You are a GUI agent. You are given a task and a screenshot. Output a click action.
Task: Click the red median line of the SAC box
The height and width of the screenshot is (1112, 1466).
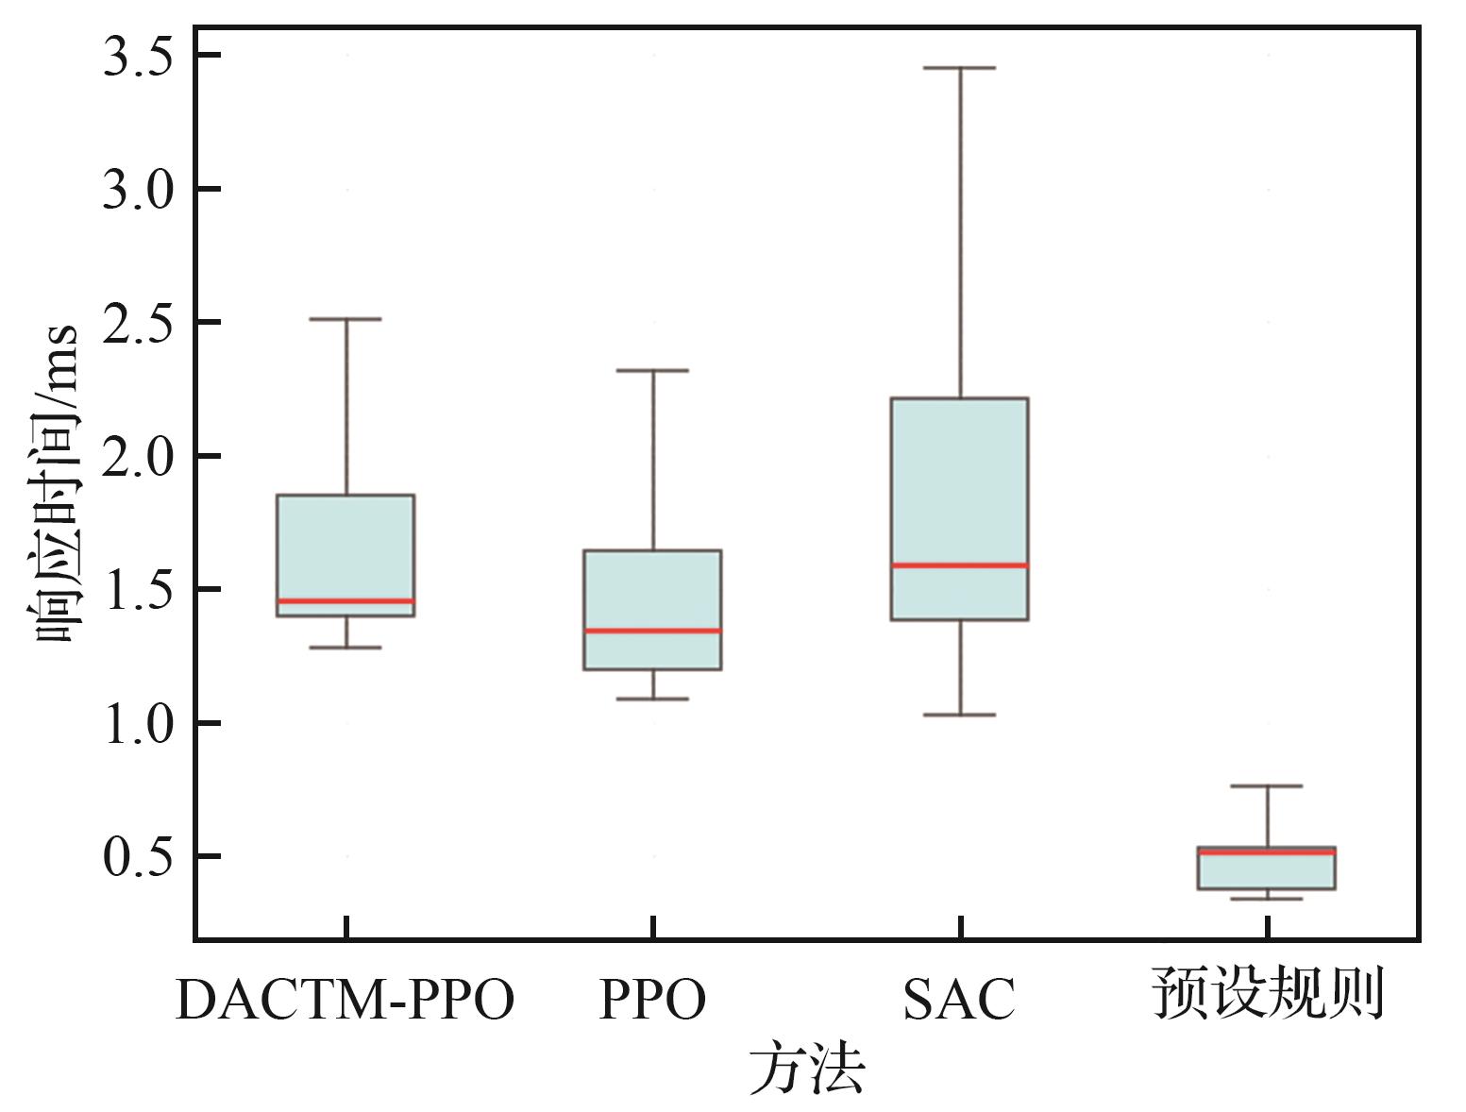click(x=959, y=565)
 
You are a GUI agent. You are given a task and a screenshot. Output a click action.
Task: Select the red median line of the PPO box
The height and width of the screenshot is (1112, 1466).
click(x=652, y=631)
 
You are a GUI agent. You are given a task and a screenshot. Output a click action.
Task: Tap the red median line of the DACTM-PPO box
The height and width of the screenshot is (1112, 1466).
click(x=345, y=600)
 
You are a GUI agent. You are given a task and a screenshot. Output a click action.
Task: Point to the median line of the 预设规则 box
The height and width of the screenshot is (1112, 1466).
click(x=1266, y=852)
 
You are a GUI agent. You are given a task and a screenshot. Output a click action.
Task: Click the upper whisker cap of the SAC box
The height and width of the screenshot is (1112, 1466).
click(x=959, y=68)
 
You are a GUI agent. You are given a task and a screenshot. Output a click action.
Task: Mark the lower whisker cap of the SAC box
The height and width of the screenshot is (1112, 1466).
click(x=959, y=715)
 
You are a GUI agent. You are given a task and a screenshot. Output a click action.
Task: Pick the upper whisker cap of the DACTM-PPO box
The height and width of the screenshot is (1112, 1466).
click(x=345, y=319)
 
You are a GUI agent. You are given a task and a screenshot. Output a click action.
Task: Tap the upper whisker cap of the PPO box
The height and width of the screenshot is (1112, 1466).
click(x=652, y=370)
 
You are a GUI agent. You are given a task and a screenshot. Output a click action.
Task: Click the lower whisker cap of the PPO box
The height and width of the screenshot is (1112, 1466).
click(x=652, y=699)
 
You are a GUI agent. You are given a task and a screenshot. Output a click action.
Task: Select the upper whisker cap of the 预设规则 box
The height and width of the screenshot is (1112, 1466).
click(x=1266, y=785)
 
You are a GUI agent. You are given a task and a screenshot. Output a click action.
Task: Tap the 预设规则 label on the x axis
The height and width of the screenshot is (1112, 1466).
click(x=1267, y=994)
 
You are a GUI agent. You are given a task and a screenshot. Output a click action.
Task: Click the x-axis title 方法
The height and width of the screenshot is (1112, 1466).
click(x=807, y=1069)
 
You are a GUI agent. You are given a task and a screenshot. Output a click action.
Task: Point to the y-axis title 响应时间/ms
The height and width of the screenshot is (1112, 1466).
click(x=54, y=483)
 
